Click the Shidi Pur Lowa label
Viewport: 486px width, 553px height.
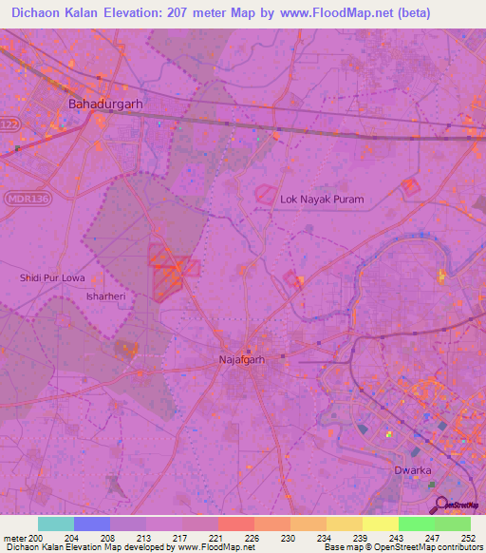(x=53, y=277)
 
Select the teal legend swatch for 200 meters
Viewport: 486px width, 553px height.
(x=56, y=524)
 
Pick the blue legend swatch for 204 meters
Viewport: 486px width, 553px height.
(x=92, y=524)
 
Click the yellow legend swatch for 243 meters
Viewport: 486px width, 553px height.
(x=380, y=524)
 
